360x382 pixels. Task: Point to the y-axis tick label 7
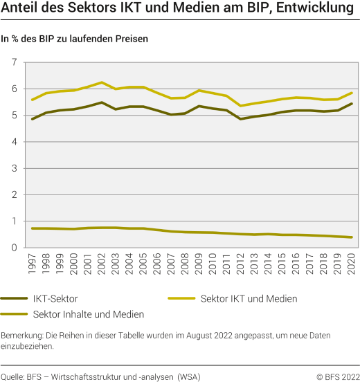tap(14, 63)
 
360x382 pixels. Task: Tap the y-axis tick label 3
tap(14, 168)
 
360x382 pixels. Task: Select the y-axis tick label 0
tap(14, 247)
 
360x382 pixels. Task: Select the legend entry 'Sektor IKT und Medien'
tap(249, 298)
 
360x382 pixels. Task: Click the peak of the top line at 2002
tap(102, 82)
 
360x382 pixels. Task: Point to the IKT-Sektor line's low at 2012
tap(241, 119)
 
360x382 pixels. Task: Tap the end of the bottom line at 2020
tap(351, 237)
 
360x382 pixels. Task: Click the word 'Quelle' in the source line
tap(12, 376)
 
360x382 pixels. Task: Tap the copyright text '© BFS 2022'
tap(338, 376)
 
